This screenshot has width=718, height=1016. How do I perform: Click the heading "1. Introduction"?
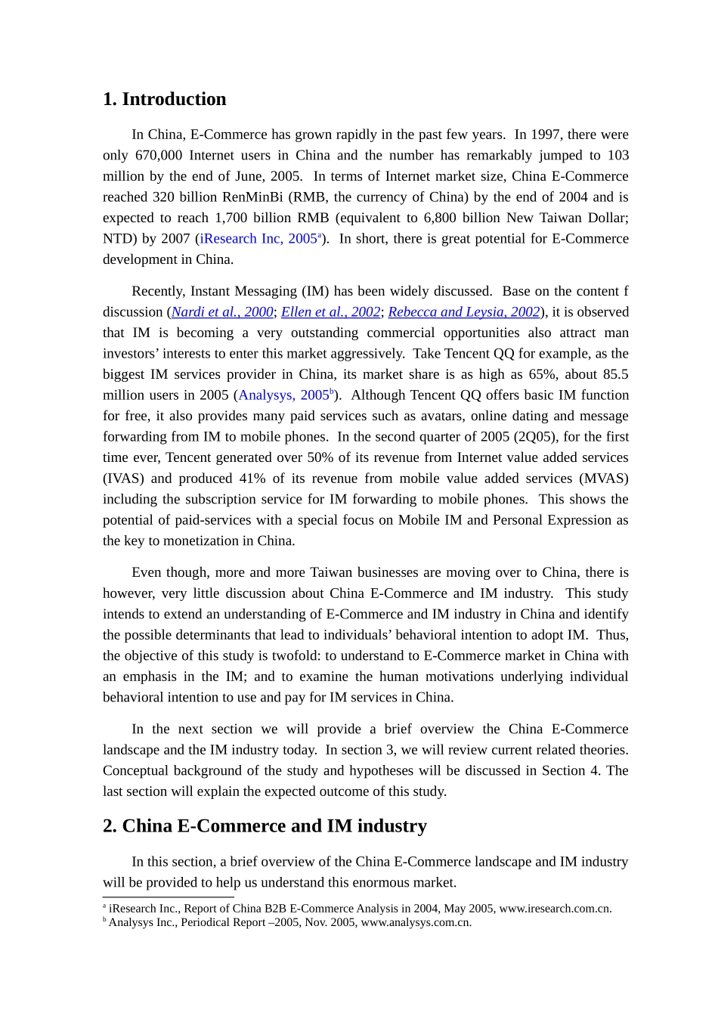(x=164, y=99)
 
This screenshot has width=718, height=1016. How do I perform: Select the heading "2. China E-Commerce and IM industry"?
(x=265, y=825)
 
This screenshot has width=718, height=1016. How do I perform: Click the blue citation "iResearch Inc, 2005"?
(x=258, y=239)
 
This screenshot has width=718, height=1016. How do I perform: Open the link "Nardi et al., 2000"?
(x=222, y=312)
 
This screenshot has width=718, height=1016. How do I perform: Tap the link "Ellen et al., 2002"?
(x=330, y=312)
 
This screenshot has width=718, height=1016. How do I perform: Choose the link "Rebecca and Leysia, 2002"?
(x=463, y=312)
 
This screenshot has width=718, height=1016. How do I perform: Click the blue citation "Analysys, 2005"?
(x=283, y=395)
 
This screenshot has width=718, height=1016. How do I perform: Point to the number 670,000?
(x=159, y=156)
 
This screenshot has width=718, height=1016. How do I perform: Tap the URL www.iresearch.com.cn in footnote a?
(x=555, y=909)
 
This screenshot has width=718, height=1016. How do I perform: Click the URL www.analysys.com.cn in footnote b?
(x=416, y=922)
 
